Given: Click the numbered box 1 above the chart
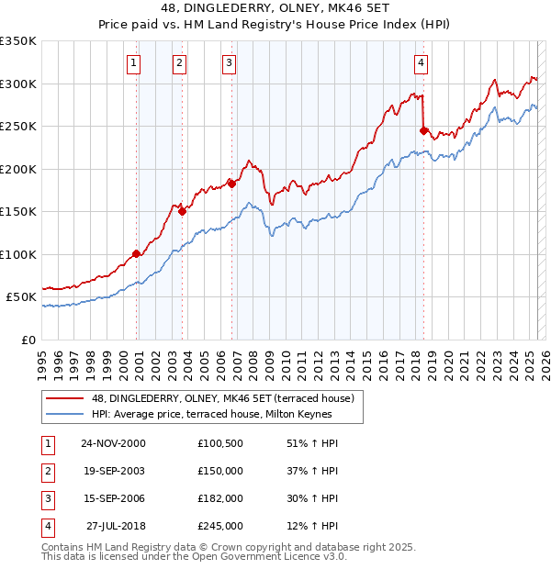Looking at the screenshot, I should [x=134, y=63].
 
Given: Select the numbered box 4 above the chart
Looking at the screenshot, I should [x=421, y=63].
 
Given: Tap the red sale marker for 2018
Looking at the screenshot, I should [x=423, y=130].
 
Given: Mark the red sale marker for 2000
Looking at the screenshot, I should [x=136, y=253].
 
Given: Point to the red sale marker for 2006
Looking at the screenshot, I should [x=231, y=184].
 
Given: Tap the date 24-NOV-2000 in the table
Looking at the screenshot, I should [x=113, y=443].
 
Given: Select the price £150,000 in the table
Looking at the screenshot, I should [x=220, y=471].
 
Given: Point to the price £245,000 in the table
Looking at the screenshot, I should [x=220, y=526].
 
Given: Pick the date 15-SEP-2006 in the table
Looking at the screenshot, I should [x=113, y=498].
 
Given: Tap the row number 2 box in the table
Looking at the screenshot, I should [x=47, y=471].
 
